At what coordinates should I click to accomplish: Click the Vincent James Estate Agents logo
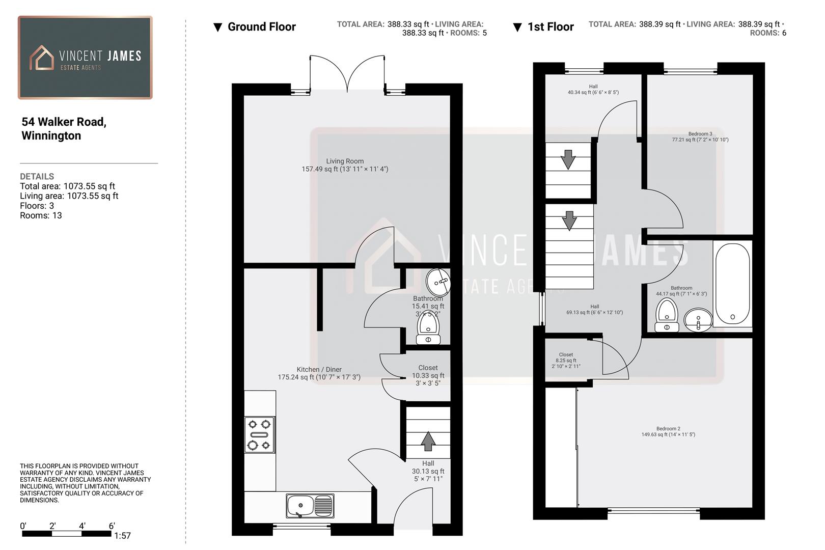coord(85,58)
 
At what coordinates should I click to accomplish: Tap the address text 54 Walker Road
coord(64,122)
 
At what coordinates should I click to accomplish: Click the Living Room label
coord(345,161)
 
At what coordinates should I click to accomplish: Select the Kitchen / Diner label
coord(319,370)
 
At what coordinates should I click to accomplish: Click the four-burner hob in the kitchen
coord(259,434)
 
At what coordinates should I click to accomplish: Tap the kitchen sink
coord(310,506)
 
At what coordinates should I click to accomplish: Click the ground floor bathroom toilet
coord(428,328)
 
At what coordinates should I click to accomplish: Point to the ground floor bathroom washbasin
coord(438,282)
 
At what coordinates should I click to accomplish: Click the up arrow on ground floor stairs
coord(428,441)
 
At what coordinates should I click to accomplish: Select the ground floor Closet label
coord(428,368)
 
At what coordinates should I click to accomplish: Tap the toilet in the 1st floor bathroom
coord(667,315)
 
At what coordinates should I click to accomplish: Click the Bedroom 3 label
coord(700,134)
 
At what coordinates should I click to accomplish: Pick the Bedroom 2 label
coord(668,429)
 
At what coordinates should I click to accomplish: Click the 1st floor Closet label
coord(566,354)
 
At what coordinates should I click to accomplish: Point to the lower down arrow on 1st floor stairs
coord(569,221)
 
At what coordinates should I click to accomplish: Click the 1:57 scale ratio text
coord(122,536)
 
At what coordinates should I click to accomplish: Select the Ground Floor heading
coord(261,27)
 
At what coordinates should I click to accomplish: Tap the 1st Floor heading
coord(550,27)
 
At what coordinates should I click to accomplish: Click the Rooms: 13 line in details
coord(41,215)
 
